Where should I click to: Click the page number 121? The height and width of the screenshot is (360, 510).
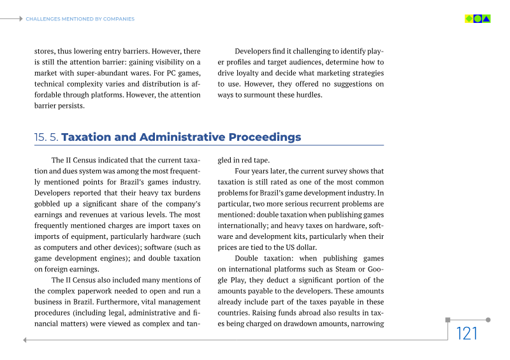[467, 333]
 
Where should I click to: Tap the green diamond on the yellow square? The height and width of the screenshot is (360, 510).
[469, 19]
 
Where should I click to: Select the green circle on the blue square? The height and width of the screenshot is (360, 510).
[477, 19]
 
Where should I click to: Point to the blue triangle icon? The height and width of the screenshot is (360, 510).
[486, 19]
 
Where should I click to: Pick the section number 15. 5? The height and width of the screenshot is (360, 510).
[46, 138]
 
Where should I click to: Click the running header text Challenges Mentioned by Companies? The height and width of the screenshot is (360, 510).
[80, 19]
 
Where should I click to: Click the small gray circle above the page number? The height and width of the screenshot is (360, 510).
[488, 320]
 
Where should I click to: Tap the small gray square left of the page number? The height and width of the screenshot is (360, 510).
[448, 320]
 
